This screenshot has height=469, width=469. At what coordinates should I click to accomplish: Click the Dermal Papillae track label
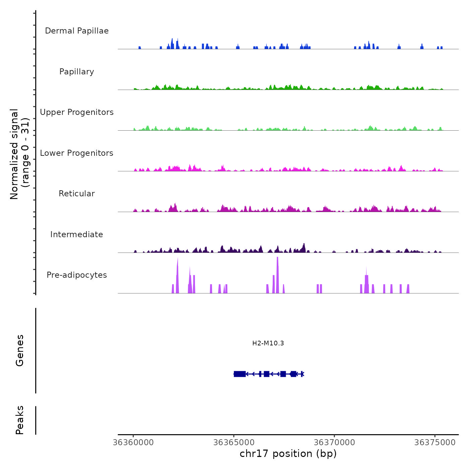click(77, 31)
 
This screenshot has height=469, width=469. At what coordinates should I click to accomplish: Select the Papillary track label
click(77, 72)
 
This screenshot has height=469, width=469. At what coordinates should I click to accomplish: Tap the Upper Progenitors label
click(77, 112)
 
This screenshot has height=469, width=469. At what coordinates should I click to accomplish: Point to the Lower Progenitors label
click(77, 153)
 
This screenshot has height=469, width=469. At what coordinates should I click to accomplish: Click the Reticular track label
click(77, 194)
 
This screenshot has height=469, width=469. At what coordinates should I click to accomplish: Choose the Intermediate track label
click(77, 234)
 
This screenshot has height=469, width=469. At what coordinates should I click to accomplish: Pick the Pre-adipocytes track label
click(77, 275)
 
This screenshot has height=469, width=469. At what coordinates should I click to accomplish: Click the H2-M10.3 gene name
click(268, 343)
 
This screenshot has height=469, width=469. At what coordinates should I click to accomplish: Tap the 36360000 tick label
click(133, 443)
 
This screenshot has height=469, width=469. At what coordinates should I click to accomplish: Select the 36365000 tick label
click(234, 443)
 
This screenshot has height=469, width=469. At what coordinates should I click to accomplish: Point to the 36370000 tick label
click(334, 443)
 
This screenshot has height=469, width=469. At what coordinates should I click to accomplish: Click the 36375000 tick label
click(435, 443)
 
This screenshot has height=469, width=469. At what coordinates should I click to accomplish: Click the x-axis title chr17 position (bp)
click(288, 454)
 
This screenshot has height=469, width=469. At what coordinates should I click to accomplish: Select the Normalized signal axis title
click(19, 154)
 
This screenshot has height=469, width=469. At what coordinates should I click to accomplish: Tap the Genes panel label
click(20, 350)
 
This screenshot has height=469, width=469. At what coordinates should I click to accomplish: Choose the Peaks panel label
click(20, 420)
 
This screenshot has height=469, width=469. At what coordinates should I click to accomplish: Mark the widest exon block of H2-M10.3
click(240, 374)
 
